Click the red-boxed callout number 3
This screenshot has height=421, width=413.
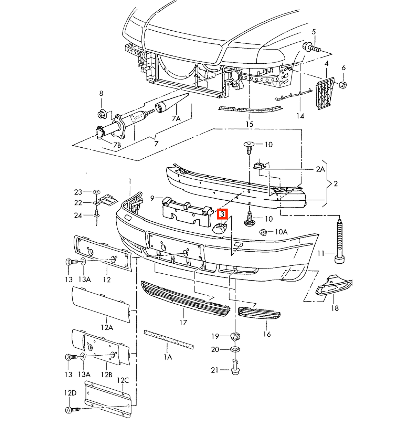(222, 214)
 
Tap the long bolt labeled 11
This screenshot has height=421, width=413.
(340, 241)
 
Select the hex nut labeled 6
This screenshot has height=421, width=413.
(342, 84)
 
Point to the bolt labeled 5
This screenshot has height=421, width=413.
(311, 48)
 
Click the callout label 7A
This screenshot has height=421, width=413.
(176, 119)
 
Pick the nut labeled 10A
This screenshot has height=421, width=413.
(263, 232)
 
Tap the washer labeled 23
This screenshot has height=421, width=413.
(96, 192)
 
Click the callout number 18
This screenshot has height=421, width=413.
(335, 308)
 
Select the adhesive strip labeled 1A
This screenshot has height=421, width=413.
(169, 339)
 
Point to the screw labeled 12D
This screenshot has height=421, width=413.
(73, 410)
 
